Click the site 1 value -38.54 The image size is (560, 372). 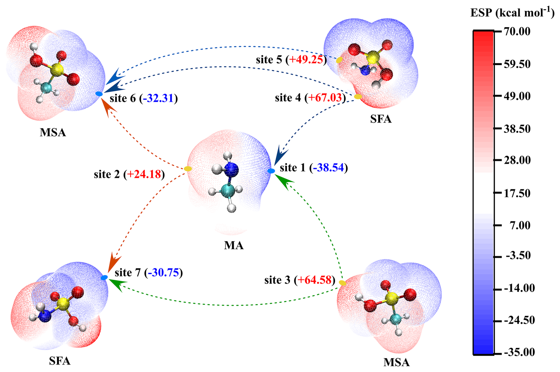[329, 168]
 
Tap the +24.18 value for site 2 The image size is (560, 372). [144, 174]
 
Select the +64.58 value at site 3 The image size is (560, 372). [314, 280]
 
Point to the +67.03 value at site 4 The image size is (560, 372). [325, 97]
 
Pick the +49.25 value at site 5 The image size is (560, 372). [306, 60]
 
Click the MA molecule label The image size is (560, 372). [234, 245]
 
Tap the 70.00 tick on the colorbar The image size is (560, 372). [517, 31]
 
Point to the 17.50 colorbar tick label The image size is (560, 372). [517, 193]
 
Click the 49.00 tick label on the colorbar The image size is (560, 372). [517, 96]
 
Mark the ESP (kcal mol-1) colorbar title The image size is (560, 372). [512, 13]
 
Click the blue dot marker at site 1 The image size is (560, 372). [271, 171]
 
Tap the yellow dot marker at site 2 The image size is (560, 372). [188, 169]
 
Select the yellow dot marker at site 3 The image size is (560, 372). [342, 283]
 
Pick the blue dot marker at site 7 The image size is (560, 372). [104, 278]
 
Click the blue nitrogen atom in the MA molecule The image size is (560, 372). [232, 169]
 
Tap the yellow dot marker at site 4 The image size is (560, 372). [358, 97]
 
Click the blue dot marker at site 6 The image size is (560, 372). [99, 94]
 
